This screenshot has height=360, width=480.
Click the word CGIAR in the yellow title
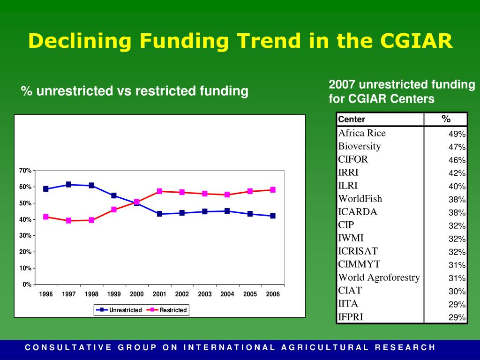tap(416, 40)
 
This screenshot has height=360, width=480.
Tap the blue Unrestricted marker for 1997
tap(68, 185)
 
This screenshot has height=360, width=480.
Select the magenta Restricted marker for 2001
tap(159, 191)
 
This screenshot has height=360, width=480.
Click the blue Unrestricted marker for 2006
tap(273, 216)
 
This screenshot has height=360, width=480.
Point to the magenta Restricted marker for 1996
tap(46, 217)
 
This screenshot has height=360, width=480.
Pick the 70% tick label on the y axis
tap(25, 171)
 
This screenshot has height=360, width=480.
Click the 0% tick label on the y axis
tap(27, 285)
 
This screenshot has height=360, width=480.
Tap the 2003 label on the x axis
tap(204, 294)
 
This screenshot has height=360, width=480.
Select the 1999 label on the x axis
tap(114, 294)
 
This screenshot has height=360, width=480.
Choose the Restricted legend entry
tap(167, 310)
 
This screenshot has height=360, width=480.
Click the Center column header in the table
tap(352, 120)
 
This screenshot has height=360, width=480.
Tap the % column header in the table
tap(446, 119)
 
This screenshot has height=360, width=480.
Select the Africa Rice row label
tap(362, 133)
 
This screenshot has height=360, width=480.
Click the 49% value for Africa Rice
tap(457, 134)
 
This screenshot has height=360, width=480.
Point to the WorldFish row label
tap(360, 199)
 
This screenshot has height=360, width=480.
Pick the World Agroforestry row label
tap(379, 277)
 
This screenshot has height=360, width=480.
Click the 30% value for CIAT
tap(457, 292)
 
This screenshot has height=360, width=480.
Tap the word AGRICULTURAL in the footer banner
tap(325, 347)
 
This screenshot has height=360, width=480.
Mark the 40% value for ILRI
tap(457, 187)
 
